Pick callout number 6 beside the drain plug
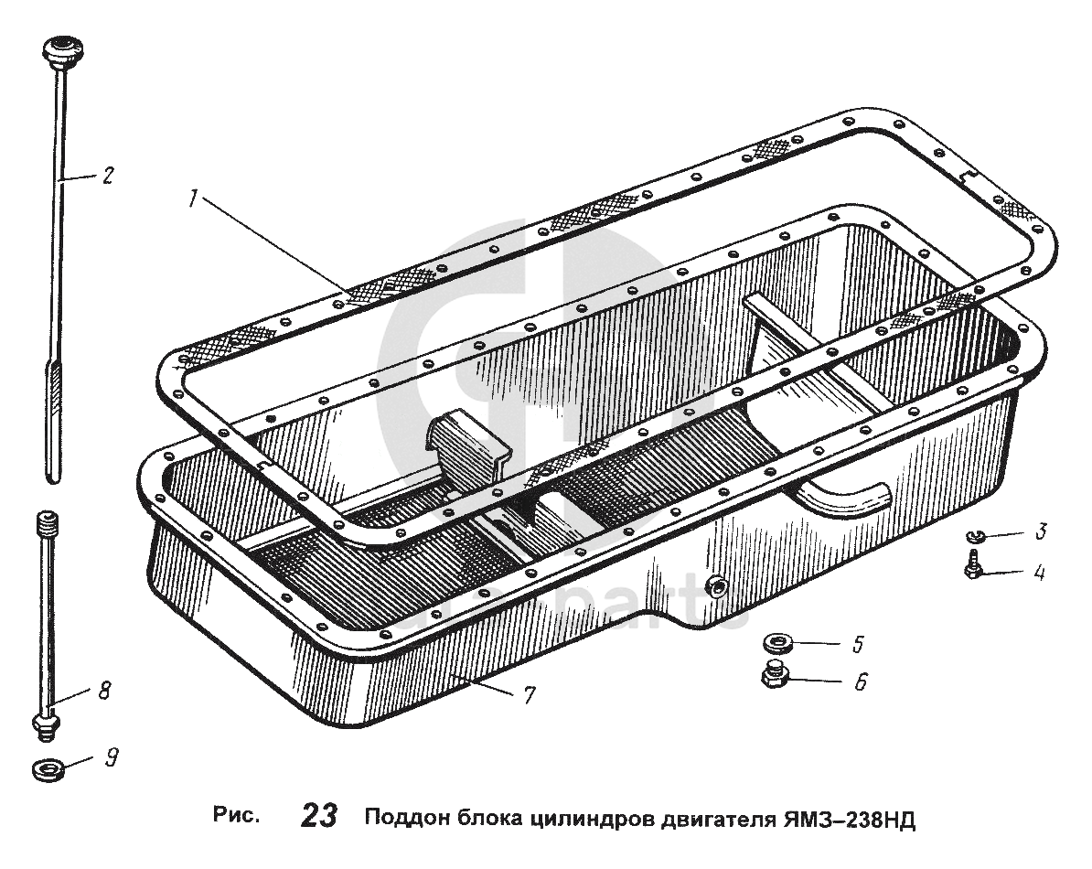860,681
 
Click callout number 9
111,756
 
